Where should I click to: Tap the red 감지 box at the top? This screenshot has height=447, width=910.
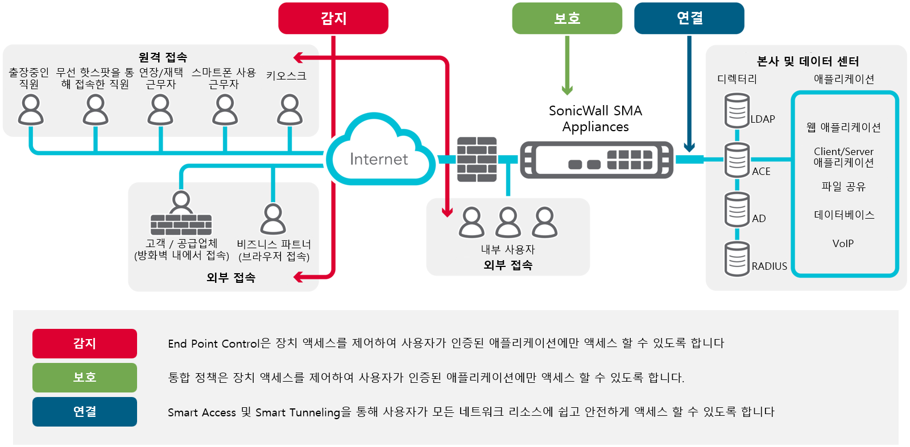[333, 18]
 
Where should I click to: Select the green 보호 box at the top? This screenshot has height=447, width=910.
[567, 18]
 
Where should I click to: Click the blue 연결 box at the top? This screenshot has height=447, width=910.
[689, 18]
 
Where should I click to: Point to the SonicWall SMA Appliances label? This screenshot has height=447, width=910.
[595, 119]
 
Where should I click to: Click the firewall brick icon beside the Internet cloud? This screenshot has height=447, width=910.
[477, 159]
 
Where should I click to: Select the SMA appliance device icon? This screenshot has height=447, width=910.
[597, 160]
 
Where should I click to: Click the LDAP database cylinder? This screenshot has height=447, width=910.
[737, 111]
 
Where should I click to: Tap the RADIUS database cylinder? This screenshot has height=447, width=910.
[737, 259]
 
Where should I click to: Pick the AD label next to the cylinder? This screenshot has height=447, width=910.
[759, 219]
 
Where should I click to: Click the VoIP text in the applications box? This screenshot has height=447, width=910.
[843, 244]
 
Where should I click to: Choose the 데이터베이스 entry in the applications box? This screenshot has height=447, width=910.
[844, 215]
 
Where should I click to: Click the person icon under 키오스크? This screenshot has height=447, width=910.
[289, 110]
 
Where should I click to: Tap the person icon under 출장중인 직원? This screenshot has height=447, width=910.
[31, 110]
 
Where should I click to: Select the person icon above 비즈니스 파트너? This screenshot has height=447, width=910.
[273, 219]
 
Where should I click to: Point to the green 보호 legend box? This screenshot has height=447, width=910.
[85, 378]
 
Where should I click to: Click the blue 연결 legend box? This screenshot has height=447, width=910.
[85, 412]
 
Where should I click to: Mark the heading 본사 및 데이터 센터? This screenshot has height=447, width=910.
[808, 61]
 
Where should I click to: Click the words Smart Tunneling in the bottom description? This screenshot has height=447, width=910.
[297, 412]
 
